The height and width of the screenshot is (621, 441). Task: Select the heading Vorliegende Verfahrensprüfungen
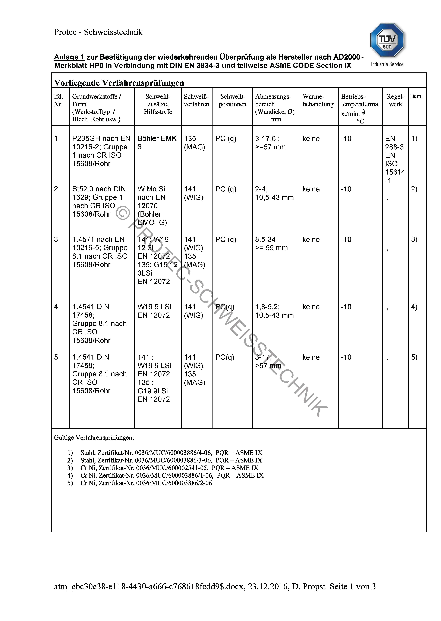[119, 83]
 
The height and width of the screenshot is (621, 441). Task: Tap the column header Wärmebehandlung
[318, 100]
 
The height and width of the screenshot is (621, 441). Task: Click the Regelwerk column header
[395, 100]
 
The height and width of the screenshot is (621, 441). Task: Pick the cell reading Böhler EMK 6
[157, 143]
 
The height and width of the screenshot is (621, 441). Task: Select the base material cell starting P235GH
[101, 151]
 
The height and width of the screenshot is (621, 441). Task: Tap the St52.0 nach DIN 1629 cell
[99, 201]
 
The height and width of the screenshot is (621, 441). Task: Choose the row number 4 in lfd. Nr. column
[56, 307]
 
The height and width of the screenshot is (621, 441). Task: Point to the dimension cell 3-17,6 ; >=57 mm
[270, 143]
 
